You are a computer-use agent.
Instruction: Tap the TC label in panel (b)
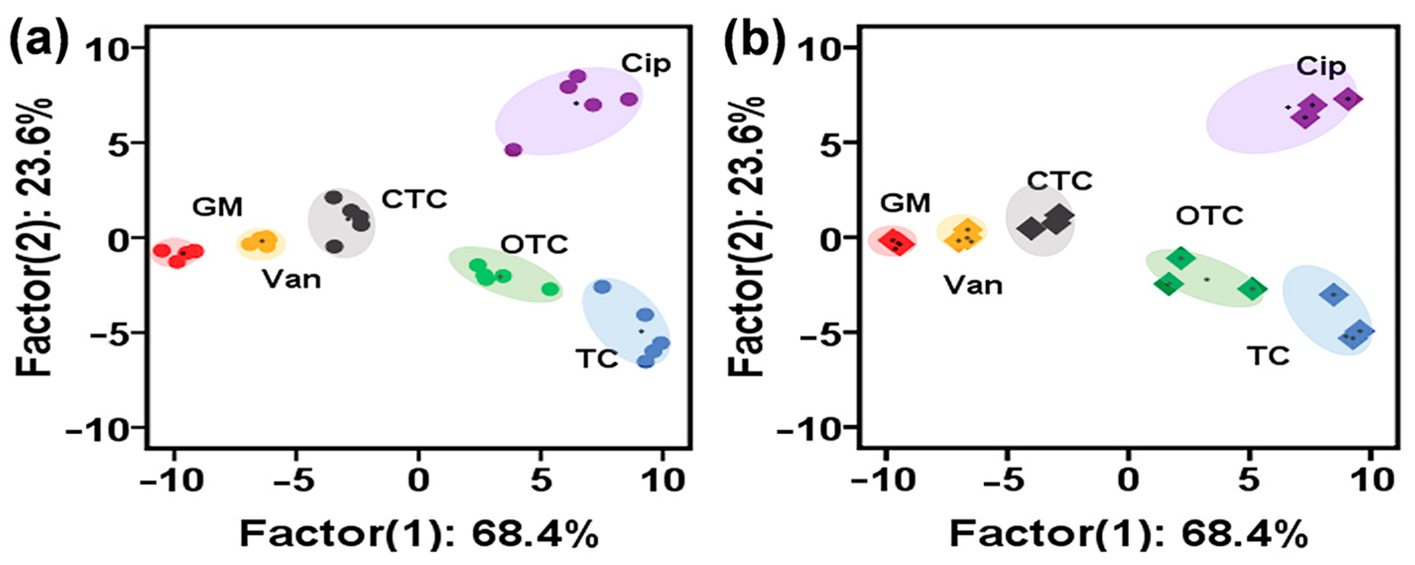point(1270,356)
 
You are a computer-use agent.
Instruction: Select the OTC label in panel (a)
point(534,245)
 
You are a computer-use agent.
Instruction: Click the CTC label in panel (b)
point(1059,181)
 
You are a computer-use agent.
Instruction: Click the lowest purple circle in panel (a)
point(513,149)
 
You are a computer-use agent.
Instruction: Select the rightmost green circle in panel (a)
point(550,289)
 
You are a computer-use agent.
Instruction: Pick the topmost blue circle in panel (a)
point(603,286)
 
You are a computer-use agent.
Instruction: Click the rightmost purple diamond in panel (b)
point(1348,99)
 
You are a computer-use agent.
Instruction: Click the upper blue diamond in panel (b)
point(1333,294)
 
